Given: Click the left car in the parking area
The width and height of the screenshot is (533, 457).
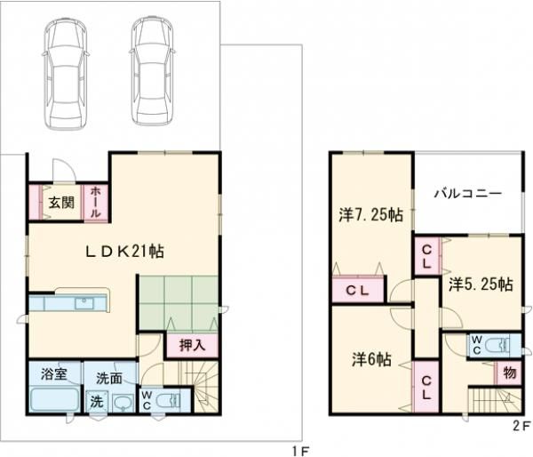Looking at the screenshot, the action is coord(65,74).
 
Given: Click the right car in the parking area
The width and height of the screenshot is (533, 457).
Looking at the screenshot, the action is coord(152,71).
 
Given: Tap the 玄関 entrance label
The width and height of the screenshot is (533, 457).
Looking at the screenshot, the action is coord(61,203).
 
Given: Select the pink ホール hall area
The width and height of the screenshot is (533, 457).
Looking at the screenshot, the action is coord(96,203).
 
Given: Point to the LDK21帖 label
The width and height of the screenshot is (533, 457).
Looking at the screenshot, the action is coord(124,252).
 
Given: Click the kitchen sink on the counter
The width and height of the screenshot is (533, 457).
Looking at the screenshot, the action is coord(84,303).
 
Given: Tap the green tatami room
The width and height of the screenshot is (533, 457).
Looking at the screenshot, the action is coord(179,302).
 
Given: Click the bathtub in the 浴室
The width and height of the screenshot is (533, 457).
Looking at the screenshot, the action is coord(54,399).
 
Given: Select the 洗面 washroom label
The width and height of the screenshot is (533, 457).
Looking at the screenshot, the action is coord(108,378).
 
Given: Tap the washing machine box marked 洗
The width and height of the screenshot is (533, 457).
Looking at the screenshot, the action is coord(97,402).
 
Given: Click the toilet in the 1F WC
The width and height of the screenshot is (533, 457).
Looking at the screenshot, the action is coord(168,400).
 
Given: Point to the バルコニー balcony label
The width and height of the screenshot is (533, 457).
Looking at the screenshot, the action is coord(468,194).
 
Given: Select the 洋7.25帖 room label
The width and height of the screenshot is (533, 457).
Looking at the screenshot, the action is coord(370,215).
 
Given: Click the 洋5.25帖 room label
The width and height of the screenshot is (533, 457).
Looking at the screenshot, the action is coord(481,285).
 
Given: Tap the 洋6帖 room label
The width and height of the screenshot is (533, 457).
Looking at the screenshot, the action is coord(371,359).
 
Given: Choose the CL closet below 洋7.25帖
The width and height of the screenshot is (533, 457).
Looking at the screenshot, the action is coord(358,290).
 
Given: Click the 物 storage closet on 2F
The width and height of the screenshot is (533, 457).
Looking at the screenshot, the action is coord(509,373).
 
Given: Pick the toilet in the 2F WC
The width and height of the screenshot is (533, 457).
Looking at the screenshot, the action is coord(497,345).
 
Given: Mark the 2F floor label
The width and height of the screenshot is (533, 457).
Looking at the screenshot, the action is coord(521,427).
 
